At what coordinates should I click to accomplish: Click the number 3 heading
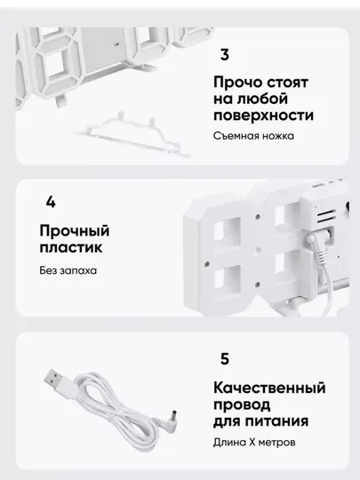225,55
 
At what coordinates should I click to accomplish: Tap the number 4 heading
51,203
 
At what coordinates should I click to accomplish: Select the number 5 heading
225,359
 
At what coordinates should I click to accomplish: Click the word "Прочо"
238,83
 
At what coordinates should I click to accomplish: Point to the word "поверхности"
263,116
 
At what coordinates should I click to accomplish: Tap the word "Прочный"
75,231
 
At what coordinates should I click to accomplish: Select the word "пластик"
71,247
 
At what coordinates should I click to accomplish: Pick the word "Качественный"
269,388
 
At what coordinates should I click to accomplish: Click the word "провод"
242,404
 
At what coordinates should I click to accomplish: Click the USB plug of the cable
59,380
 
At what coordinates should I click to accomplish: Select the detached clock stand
132,134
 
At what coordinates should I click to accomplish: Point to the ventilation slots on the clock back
326,217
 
